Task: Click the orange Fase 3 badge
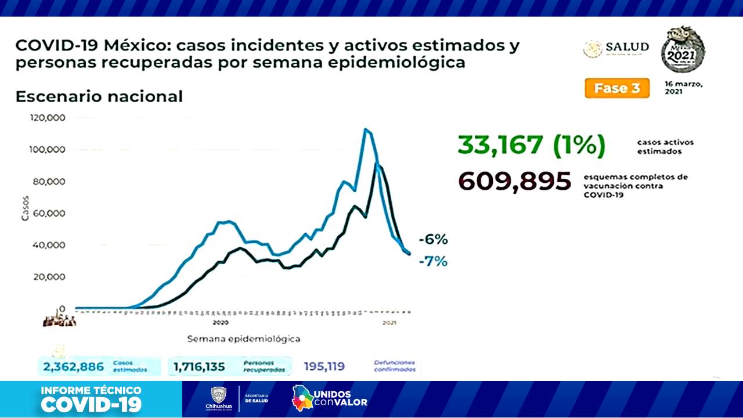(x=616, y=88)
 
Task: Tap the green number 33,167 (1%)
(x=531, y=145)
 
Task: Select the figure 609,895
(x=515, y=182)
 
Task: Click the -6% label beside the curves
(x=433, y=239)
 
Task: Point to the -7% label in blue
(x=433, y=261)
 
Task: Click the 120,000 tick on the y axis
(x=48, y=118)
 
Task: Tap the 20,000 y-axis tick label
(x=49, y=277)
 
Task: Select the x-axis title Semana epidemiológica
(x=244, y=338)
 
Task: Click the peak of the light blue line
(x=366, y=129)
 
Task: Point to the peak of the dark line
(x=377, y=165)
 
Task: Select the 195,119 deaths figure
(x=324, y=366)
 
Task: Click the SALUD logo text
(x=627, y=47)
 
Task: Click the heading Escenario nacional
(x=99, y=96)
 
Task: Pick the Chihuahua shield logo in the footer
(x=218, y=396)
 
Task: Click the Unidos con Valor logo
(x=329, y=398)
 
